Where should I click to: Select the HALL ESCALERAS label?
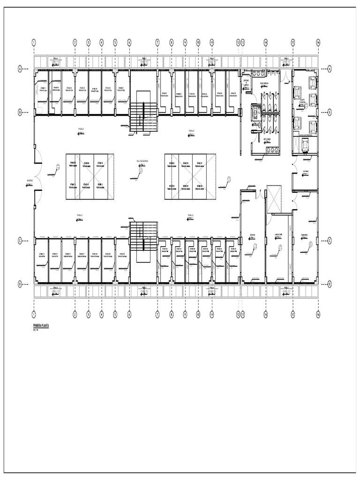(x=142, y=160)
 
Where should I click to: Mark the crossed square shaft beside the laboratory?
(x=274, y=200)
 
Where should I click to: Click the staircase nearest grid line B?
(x=143, y=117)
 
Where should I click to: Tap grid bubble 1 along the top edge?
(x=34, y=42)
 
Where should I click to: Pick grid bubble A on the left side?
(x=20, y=69)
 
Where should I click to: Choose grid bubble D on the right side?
(x=330, y=284)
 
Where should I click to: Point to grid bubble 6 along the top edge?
(x=129, y=42)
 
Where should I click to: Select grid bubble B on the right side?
(x=330, y=112)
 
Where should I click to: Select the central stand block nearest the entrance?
(x=89, y=177)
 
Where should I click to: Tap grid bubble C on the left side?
(x=20, y=240)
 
